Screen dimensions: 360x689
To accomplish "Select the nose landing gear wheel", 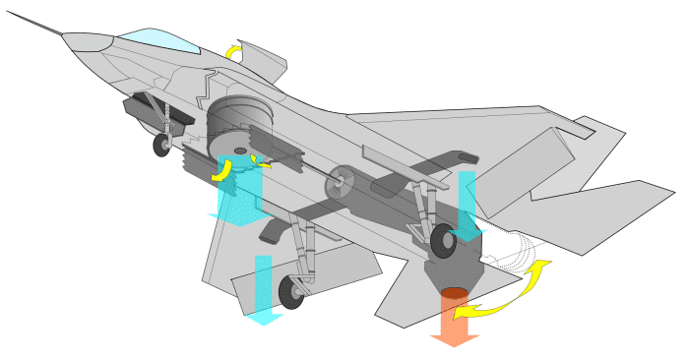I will point(160,147).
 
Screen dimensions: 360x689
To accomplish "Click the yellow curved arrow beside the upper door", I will point(234,51).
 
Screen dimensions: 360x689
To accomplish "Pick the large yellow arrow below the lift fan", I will point(225,170).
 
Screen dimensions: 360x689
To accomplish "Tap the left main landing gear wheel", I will point(291,291).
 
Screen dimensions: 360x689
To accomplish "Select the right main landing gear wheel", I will point(443,239).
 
